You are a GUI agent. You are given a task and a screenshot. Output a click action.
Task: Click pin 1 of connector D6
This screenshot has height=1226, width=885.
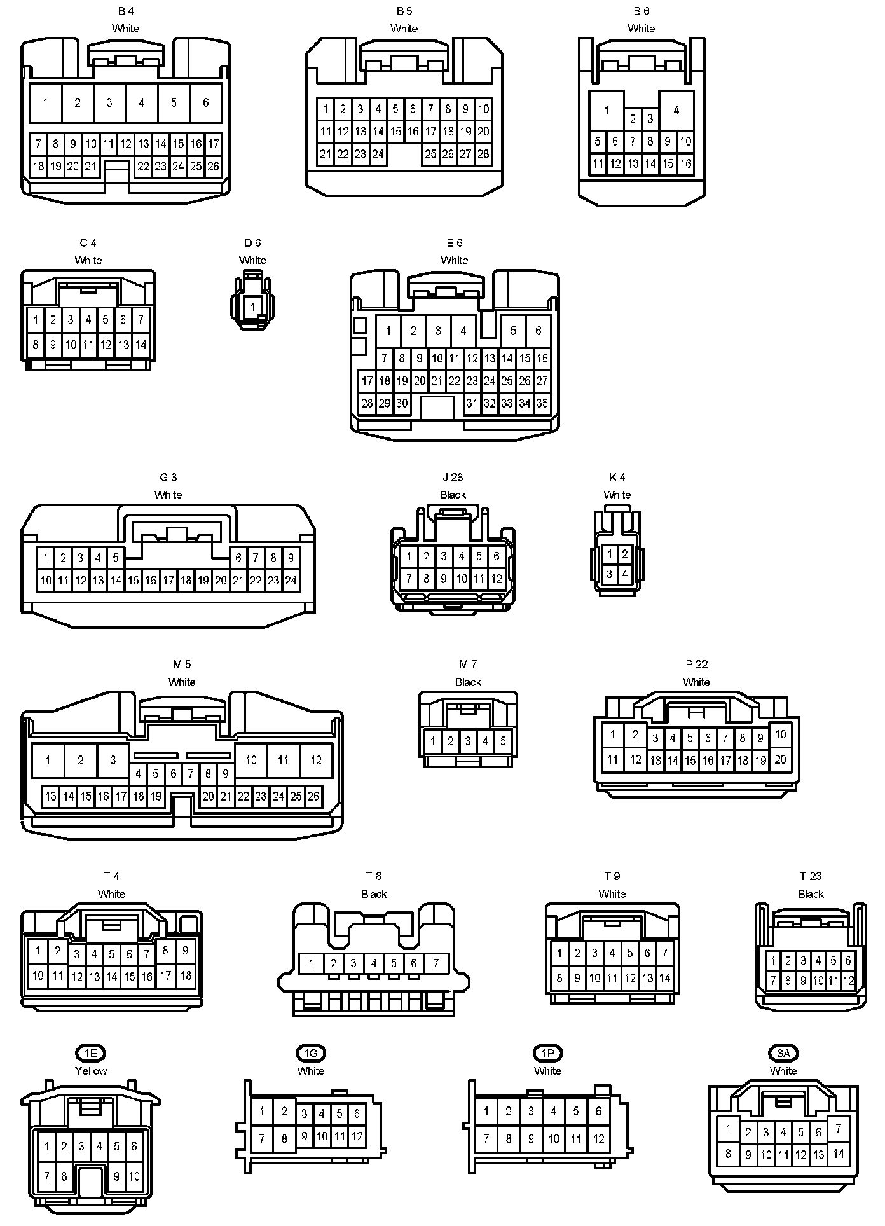pos(252,307)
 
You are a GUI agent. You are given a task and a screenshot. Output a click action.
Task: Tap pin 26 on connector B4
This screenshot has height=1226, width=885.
pos(213,166)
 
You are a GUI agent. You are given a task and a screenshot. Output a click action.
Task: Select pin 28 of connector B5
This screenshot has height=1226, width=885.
pos(483,153)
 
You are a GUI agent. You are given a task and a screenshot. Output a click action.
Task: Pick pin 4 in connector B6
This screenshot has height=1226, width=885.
pos(676,110)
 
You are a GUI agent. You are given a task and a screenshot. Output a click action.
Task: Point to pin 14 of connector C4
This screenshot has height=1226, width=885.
pos(141,345)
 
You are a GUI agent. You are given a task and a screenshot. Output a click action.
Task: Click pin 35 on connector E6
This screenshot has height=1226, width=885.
pos(542,403)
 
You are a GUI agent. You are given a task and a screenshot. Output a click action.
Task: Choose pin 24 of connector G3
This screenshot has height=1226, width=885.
pos(291,580)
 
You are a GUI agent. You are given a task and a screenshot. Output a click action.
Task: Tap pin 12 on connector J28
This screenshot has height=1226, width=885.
pos(497,579)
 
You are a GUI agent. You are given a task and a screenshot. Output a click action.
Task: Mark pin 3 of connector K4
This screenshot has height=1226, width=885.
pos(609,574)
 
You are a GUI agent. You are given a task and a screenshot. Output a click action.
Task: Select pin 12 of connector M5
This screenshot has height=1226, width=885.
pos(316,760)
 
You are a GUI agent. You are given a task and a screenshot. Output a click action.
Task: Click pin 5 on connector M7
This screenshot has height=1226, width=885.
pos(503,741)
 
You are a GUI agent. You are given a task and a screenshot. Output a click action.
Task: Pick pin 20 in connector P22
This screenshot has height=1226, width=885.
pos(780,759)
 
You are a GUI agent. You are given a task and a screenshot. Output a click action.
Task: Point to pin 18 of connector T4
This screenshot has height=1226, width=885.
pos(186,975)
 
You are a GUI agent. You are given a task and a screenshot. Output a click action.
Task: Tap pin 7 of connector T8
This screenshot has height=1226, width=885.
pos(436,963)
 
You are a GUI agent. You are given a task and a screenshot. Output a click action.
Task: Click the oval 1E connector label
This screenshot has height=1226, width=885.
pos(91,1054)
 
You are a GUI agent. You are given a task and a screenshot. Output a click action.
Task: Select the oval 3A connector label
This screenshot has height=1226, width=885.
pos(783,1054)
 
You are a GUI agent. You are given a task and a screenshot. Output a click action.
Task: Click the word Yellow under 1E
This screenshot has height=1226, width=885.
pos(91,1071)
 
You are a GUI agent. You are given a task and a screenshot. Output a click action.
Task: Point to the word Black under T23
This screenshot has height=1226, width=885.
pos(811,894)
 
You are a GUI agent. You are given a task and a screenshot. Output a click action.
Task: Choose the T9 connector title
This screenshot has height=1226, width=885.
pos(612,876)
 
